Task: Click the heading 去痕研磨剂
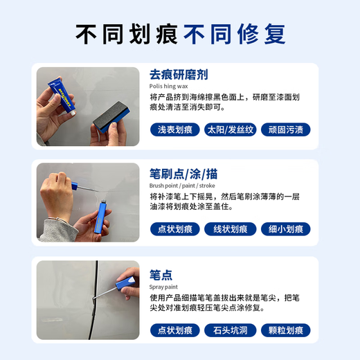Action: [179, 74]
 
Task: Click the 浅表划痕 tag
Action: [175, 129]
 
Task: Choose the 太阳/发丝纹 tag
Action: [231, 129]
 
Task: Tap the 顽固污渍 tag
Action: [285, 129]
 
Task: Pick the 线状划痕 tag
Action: [231, 229]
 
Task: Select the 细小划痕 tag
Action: [285, 229]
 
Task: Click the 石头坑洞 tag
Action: [231, 330]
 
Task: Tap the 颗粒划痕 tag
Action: [285, 330]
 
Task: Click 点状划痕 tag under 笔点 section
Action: [175, 330]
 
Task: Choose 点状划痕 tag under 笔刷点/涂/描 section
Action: [175, 229]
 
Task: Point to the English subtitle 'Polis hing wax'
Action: [169, 87]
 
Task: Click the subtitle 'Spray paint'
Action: [164, 286]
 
